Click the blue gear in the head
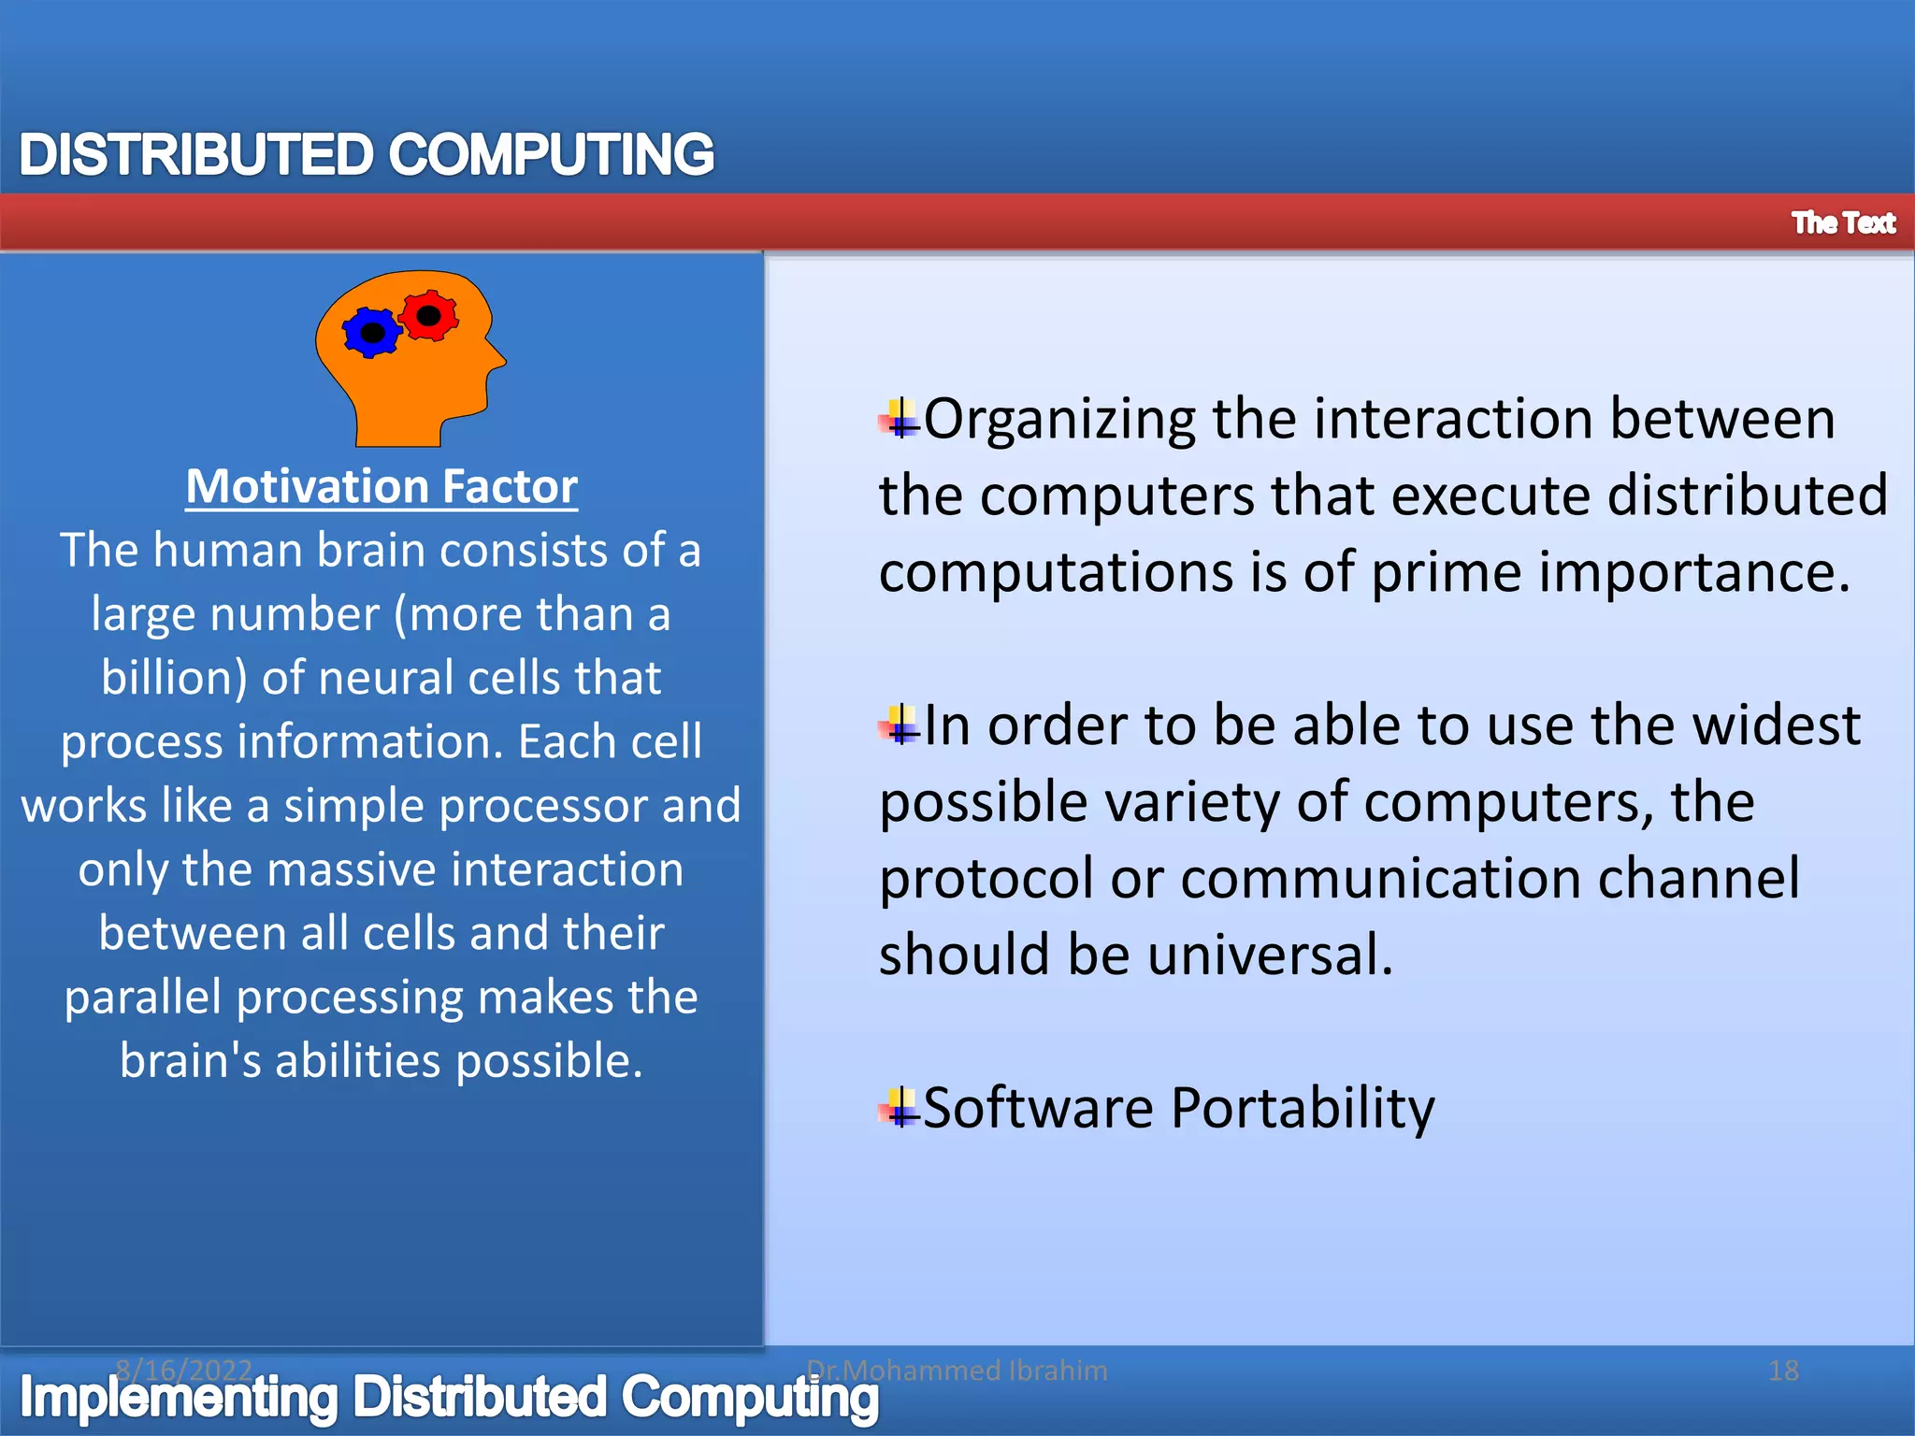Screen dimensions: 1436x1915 coord(372,333)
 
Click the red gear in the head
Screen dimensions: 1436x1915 coord(429,316)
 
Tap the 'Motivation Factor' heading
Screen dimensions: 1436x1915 coord(382,487)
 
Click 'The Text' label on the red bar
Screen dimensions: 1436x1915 coord(1842,223)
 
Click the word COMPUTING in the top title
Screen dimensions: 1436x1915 coord(552,155)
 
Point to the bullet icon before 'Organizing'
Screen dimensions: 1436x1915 coord(900,419)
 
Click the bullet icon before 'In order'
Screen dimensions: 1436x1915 coord(900,725)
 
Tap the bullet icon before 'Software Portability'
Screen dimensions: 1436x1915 coord(900,1108)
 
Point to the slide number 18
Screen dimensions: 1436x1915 coord(1783,1371)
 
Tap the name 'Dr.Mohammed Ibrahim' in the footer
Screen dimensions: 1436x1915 coord(957,1371)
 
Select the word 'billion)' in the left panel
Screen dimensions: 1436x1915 coord(173,678)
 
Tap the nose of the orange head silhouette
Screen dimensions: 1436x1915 coord(501,359)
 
